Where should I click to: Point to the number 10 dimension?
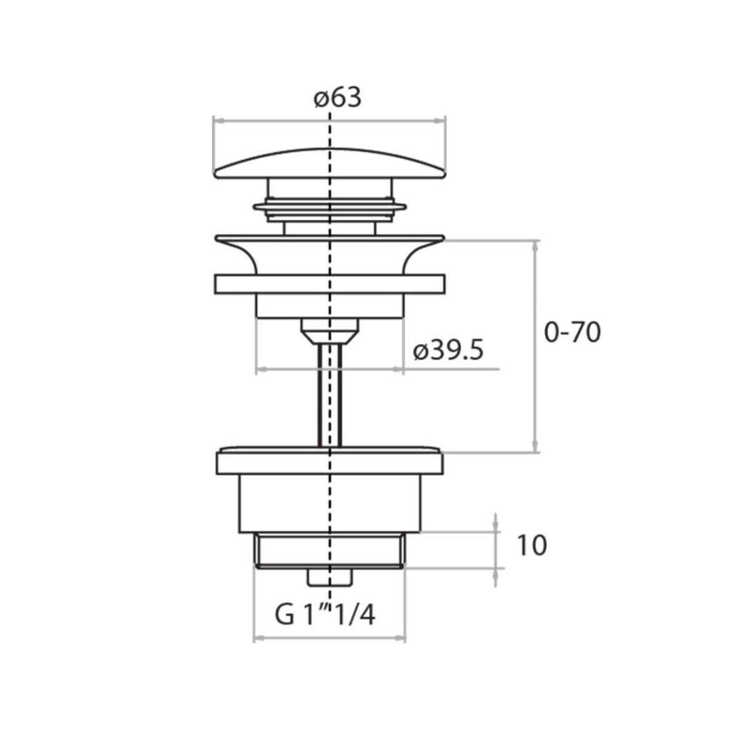(532, 546)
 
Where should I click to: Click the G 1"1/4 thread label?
(325, 615)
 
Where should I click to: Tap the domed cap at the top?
(330, 164)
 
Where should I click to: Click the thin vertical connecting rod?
(330, 395)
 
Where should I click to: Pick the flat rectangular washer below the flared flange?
(330, 284)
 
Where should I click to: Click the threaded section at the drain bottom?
(330, 551)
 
